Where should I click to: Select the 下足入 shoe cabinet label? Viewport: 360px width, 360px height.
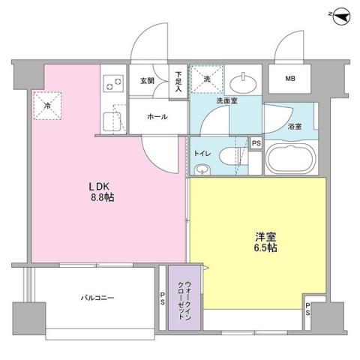pyautogui.click(x=178, y=81)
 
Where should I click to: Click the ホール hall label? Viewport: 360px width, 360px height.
pyautogui.click(x=157, y=118)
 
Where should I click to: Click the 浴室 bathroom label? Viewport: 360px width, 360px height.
pyautogui.click(x=295, y=127)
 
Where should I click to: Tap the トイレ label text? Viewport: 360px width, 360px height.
pyautogui.click(x=202, y=153)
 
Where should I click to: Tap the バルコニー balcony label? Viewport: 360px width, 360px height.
pyautogui.click(x=97, y=298)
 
